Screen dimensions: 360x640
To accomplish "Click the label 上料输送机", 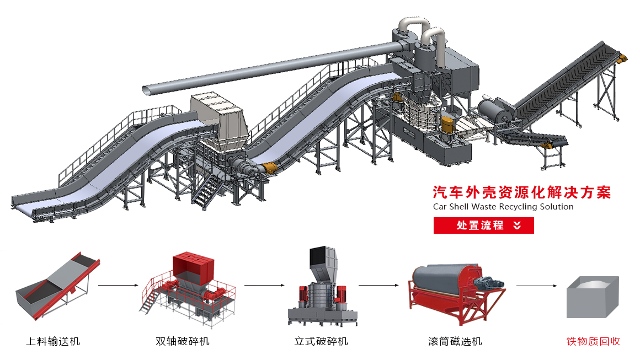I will coord(53,341).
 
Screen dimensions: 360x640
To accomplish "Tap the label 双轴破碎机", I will coord(183,341).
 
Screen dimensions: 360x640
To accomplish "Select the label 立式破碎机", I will coord(321,341).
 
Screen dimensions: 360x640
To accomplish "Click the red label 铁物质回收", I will coord(593,341).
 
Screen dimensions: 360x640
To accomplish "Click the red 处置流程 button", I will coord(483,225).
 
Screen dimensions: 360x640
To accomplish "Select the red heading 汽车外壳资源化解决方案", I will coord(522,192).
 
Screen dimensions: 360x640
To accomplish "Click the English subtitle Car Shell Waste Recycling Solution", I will coord(503,207).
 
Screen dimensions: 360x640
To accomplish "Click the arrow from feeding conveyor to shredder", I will coord(118,286).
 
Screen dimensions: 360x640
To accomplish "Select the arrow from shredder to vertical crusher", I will coord(264,286).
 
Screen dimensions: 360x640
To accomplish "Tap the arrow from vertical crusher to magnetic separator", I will coord(378,286).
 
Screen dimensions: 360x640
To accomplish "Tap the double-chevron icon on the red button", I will coord(517,225).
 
